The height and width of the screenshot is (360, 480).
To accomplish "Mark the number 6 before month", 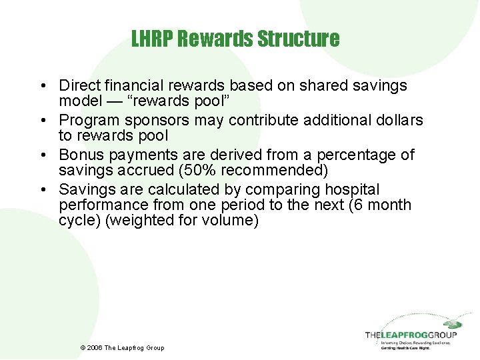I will (x=359, y=205).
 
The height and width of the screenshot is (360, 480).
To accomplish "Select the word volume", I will (x=230, y=220).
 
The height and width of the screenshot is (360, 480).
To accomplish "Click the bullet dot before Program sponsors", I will (x=42, y=121).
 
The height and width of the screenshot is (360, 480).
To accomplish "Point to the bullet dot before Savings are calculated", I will (x=42, y=190).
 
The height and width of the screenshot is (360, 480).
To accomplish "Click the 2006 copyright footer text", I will (x=121, y=347).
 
